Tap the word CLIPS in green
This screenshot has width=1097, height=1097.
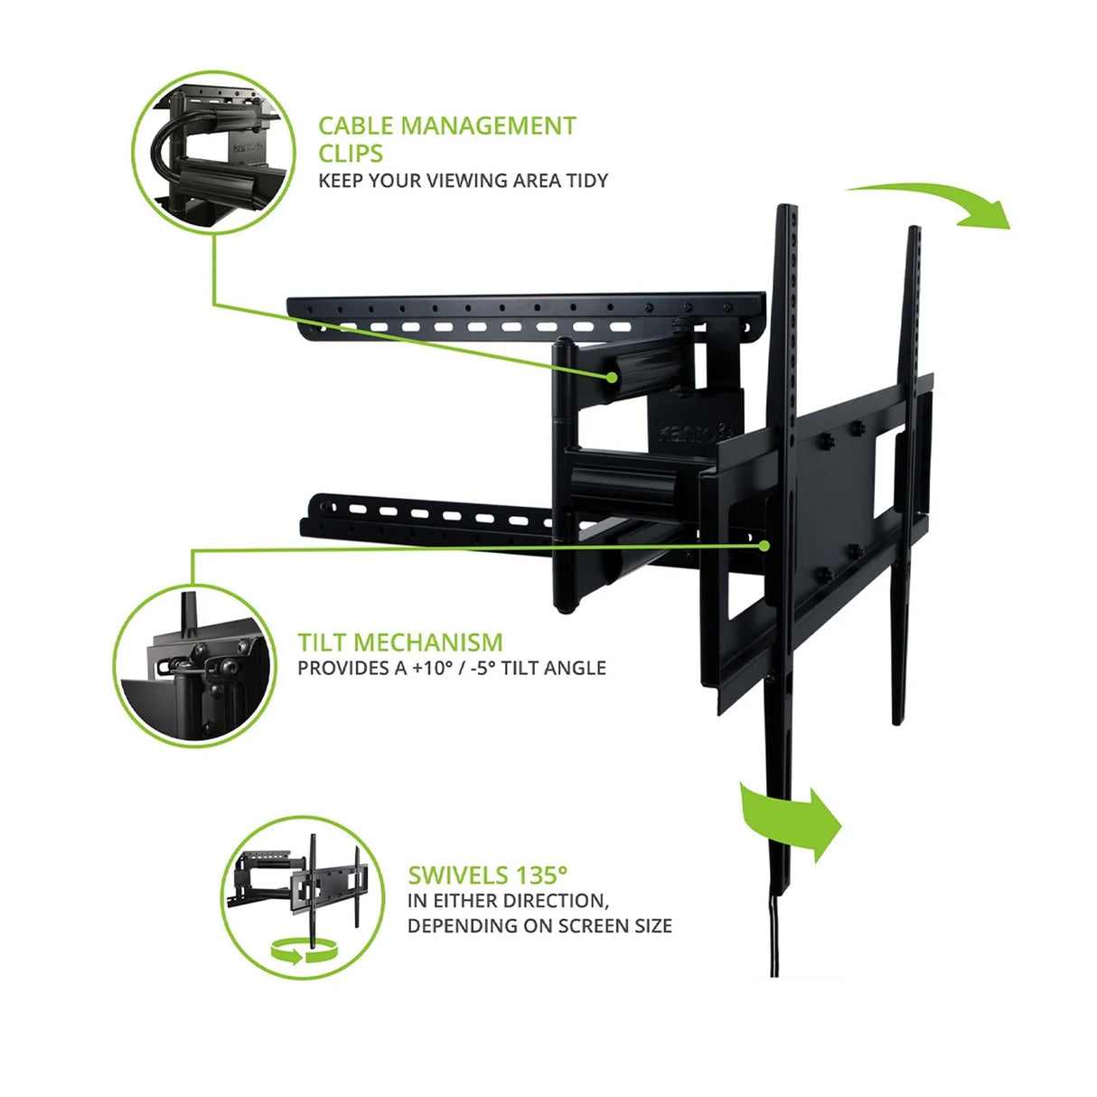351,153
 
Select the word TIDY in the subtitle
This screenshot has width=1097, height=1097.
586,180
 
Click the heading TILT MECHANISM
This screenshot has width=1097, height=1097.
400,642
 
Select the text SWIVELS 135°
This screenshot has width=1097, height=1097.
488,875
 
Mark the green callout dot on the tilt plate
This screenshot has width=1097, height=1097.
764,545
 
